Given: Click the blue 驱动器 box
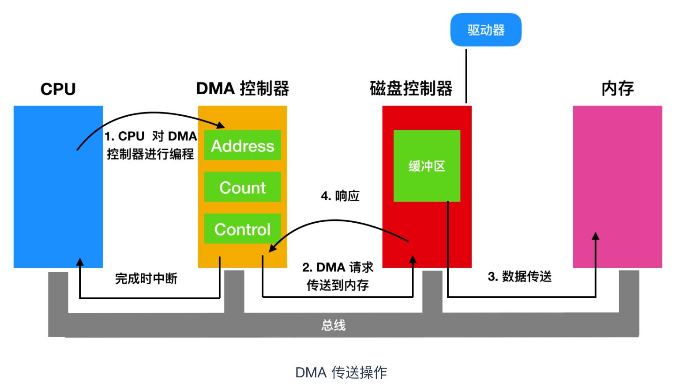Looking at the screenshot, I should click(x=485, y=30).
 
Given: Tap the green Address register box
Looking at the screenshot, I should click(x=242, y=145).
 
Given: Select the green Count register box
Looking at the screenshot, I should click(x=242, y=187).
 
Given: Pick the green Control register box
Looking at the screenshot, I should click(x=242, y=229).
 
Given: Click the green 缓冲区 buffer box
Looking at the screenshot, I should click(x=427, y=166).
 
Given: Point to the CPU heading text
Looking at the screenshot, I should click(x=58, y=89).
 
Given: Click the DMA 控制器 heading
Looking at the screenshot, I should click(x=242, y=88).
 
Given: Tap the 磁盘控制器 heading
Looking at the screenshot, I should click(x=411, y=88).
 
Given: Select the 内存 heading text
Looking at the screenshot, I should click(x=617, y=88).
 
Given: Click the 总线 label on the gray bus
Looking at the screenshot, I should click(x=333, y=325).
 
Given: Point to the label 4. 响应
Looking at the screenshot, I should click(x=340, y=196).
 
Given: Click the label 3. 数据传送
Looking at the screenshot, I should click(x=519, y=277).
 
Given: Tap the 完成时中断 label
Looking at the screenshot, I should click(x=146, y=278).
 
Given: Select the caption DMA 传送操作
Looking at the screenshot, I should click(x=341, y=373).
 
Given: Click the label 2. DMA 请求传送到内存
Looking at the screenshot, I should click(x=338, y=276).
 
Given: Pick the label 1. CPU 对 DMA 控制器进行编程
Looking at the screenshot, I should click(x=150, y=145).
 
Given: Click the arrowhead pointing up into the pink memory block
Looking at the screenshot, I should click(x=595, y=236).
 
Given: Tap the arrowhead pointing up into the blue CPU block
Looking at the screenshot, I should click(x=80, y=262).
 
